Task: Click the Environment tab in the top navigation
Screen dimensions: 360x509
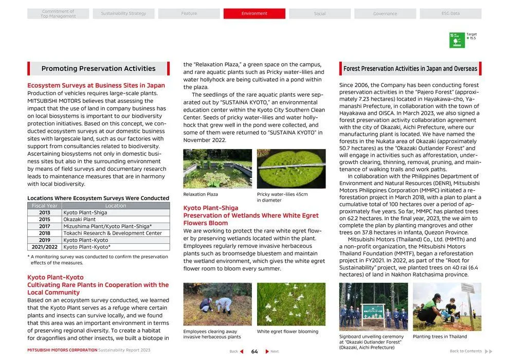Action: [254, 13]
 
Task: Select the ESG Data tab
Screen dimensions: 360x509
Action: [450, 13]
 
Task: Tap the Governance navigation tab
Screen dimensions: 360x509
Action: [385, 13]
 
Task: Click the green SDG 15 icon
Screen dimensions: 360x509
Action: [457, 40]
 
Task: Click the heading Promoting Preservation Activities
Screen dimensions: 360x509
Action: [98, 68]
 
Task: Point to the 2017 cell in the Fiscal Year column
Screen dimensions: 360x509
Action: [45, 226]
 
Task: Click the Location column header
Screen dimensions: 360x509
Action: [116, 206]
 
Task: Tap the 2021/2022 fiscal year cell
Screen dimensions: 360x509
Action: [45, 247]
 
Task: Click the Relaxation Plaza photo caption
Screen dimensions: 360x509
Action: [201, 194]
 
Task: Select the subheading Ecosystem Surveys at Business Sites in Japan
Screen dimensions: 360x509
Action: [96, 85]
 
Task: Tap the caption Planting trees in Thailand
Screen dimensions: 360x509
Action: [440, 337]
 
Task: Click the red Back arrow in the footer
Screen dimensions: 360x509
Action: [241, 351]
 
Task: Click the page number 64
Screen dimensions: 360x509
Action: [254, 351]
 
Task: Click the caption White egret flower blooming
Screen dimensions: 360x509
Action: [287, 332]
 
